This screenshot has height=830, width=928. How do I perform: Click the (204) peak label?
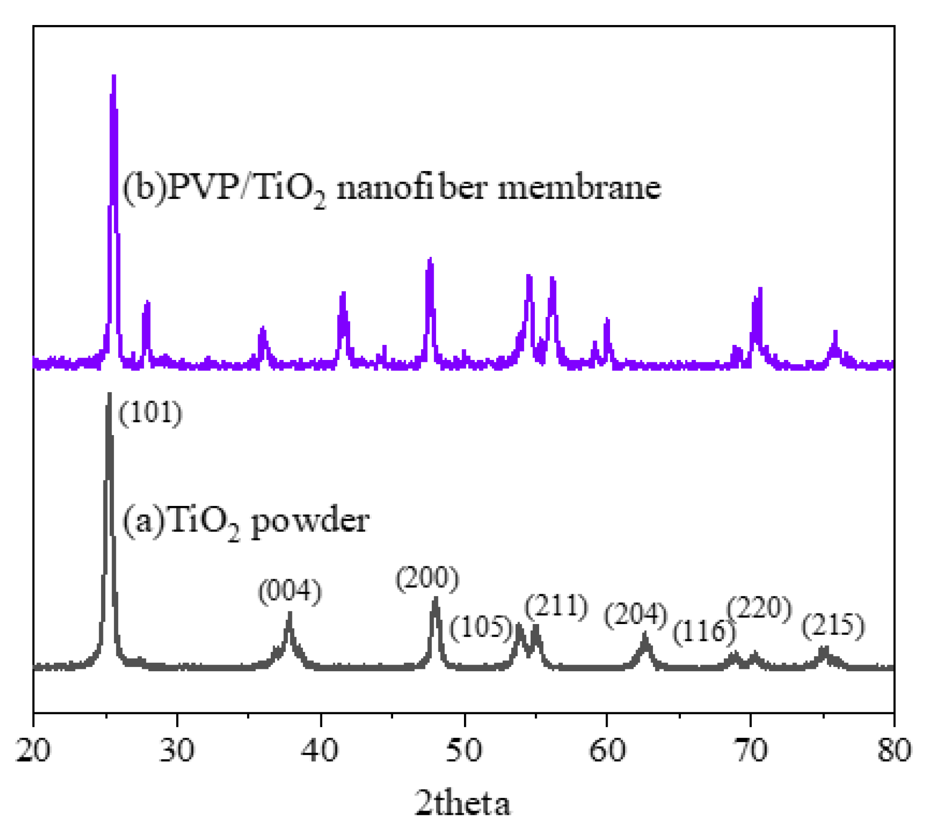pyautogui.click(x=636, y=616)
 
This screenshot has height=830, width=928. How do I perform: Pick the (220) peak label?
pyautogui.click(x=759, y=608)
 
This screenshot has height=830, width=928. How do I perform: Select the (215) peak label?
pyautogui.click(x=833, y=626)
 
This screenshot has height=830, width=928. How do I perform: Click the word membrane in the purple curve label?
pyautogui.click(x=579, y=188)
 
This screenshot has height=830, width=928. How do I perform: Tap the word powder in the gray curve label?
pyautogui.click(x=310, y=521)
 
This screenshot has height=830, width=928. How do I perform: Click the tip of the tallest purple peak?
pyautogui.click(x=114, y=76)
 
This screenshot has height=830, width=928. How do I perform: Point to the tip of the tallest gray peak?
pyautogui.click(x=110, y=394)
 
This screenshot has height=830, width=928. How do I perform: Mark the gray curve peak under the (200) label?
pyautogui.click(x=436, y=599)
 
